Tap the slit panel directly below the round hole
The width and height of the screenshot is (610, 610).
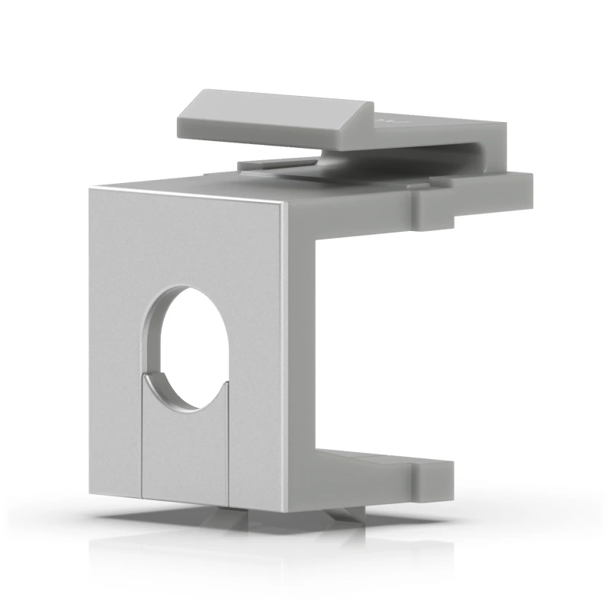point(185,450)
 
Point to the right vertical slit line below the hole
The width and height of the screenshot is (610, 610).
point(228,442)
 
